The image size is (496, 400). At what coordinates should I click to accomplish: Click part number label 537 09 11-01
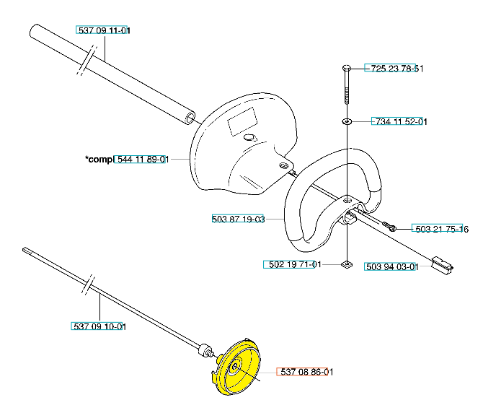(104, 30)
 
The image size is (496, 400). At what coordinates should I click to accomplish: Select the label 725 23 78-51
(394, 69)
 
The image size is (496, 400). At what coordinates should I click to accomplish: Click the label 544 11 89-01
(142, 160)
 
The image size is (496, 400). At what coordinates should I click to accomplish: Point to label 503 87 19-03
(239, 219)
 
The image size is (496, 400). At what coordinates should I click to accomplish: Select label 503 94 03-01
(391, 266)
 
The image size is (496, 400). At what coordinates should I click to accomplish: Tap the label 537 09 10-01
(99, 326)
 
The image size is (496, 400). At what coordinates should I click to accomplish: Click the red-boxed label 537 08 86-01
(306, 373)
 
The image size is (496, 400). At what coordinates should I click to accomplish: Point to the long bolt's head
(347, 68)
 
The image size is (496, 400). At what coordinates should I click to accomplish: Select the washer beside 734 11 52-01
(347, 121)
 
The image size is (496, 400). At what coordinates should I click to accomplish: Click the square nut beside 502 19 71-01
(347, 264)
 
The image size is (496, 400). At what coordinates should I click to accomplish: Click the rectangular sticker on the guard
(242, 123)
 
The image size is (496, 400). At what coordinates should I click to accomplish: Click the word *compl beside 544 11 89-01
(99, 160)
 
